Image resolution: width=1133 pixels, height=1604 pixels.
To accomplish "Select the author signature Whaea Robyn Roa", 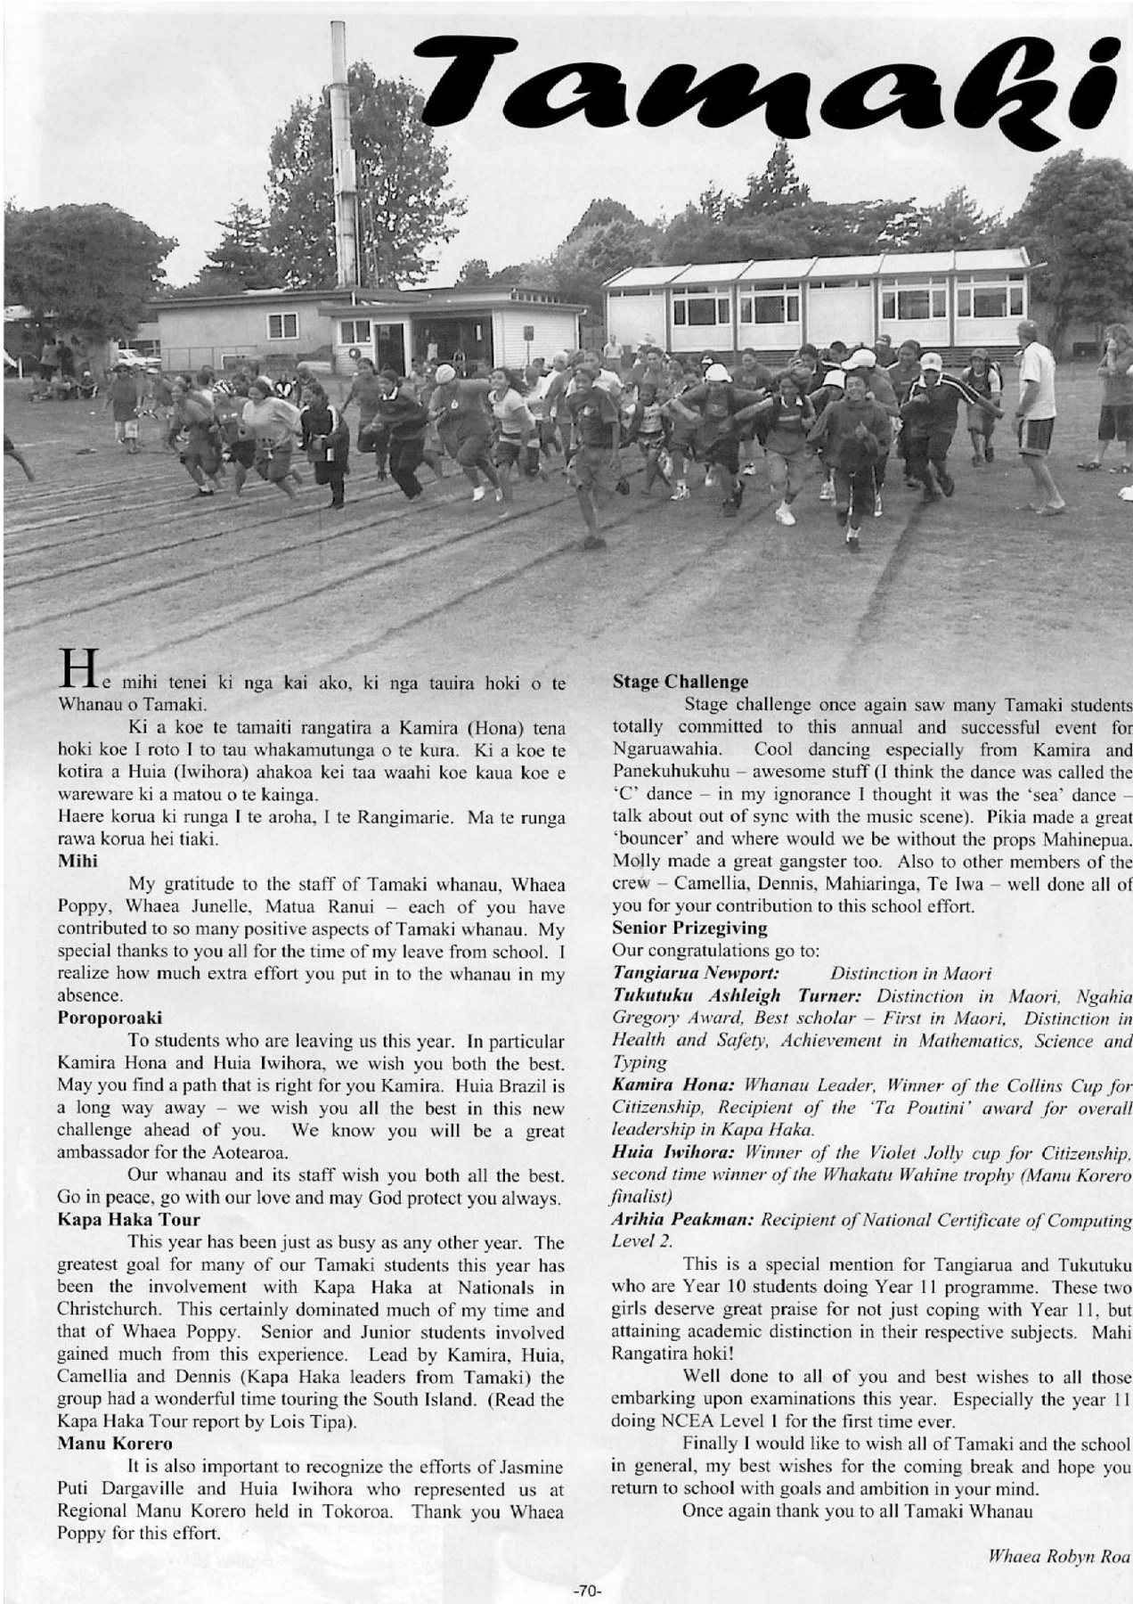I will pyautogui.click(x=1059, y=1557).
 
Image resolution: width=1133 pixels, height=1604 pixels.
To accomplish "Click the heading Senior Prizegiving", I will pyautogui.click(x=690, y=928).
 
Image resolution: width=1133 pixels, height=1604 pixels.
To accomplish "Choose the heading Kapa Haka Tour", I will pyautogui.click(x=128, y=1219).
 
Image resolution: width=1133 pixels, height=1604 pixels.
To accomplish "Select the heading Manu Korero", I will pyautogui.click(x=115, y=1443).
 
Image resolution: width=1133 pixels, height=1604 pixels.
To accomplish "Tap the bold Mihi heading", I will pyautogui.click(x=77, y=861).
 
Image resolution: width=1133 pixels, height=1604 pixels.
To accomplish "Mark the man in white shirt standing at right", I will pyautogui.click(x=1038, y=414).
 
